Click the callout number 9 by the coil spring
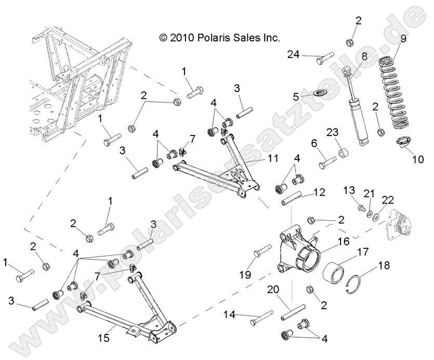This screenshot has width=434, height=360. pyautogui.click(x=403, y=38)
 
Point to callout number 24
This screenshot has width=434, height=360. pyautogui.click(x=308, y=54)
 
